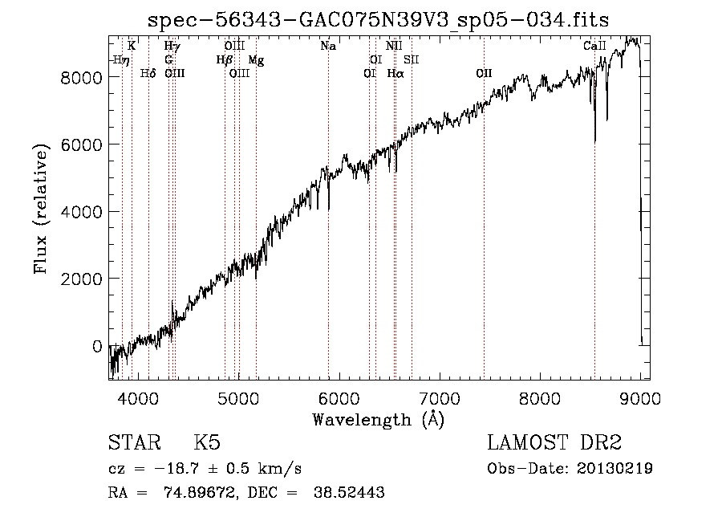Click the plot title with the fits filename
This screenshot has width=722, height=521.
pyautogui.click(x=379, y=21)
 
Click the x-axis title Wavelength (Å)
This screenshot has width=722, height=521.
pyautogui.click(x=378, y=419)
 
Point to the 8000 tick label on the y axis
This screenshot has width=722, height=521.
pyautogui.click(x=83, y=77)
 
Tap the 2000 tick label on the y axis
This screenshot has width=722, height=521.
pyautogui.click(x=83, y=279)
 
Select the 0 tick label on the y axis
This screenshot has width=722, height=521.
pyautogui.click(x=97, y=346)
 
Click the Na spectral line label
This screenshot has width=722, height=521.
pyautogui.click(x=328, y=47)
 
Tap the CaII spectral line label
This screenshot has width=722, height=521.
pyautogui.click(x=594, y=47)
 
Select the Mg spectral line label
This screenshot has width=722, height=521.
pyautogui.click(x=255, y=60)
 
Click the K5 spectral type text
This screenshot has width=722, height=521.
pyautogui.click(x=207, y=443)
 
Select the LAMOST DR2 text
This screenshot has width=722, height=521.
pyautogui.click(x=554, y=443)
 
